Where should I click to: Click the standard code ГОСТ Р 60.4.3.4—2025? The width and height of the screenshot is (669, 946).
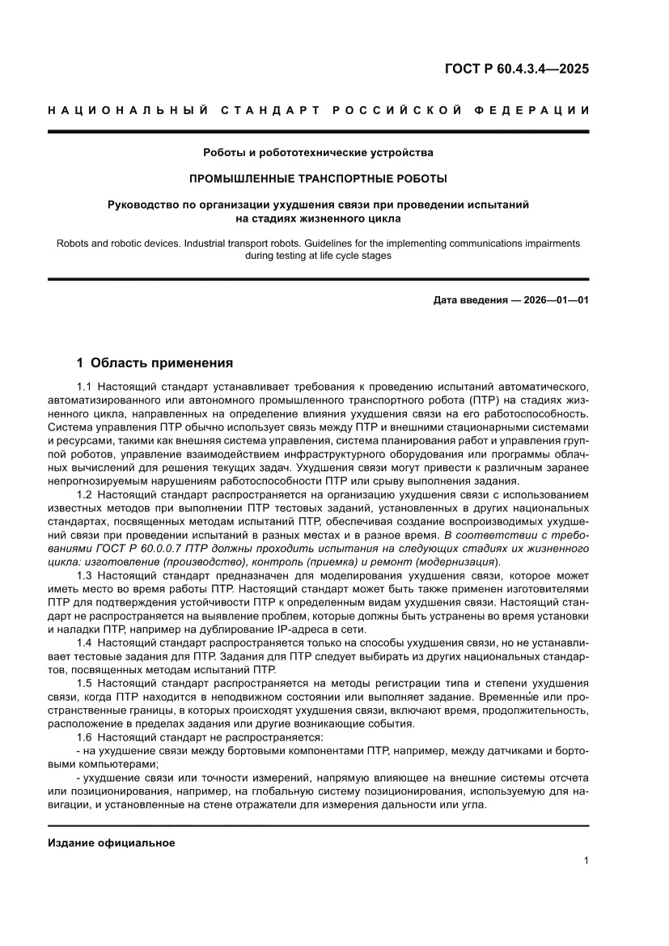click(x=516, y=69)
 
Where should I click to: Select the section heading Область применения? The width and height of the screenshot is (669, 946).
click(x=162, y=363)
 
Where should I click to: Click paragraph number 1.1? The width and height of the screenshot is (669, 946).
click(x=85, y=388)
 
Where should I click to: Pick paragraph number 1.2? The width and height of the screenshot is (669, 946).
click(x=85, y=492)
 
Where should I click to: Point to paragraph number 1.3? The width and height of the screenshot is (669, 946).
click(x=85, y=575)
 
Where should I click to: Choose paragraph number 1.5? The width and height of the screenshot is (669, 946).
click(x=85, y=684)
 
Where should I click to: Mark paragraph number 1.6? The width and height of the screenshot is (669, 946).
click(x=85, y=738)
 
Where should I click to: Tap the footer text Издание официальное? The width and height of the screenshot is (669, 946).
click(x=112, y=843)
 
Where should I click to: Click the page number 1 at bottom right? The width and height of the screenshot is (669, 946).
click(x=586, y=862)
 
